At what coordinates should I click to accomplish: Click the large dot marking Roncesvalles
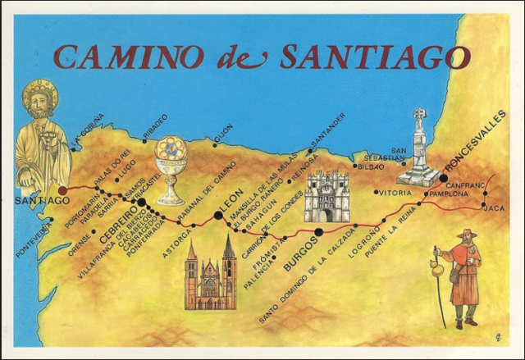[x=444, y=176]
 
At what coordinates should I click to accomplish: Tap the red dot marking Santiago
[x=63, y=190]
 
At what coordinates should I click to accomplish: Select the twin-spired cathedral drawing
[x=210, y=275]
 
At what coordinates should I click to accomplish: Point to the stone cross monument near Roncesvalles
[x=418, y=148]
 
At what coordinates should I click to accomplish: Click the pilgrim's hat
[x=467, y=235]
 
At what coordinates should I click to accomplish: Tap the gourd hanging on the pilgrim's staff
[x=436, y=263]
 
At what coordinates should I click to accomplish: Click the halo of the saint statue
[x=39, y=96]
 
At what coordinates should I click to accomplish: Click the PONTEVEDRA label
[x=32, y=239]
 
